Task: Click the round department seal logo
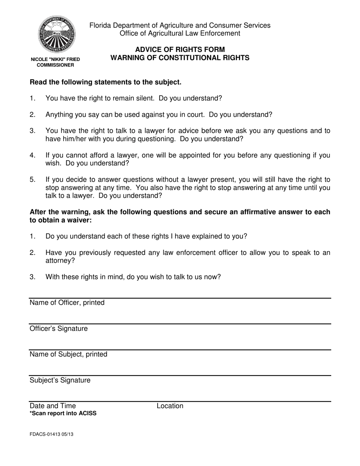tap(56, 34)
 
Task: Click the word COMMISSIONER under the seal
tap(55, 65)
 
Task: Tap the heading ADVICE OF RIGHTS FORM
tap(180, 50)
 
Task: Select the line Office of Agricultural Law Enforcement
tap(180, 33)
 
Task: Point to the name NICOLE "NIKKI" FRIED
tap(55, 59)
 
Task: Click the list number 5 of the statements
tap(32, 180)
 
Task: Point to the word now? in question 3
tap(212, 277)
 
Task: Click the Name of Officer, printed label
tap(67, 303)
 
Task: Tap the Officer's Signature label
tap(59, 328)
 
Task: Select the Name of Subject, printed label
tap(69, 354)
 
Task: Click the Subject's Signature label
tap(60, 380)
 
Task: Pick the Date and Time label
tap(53, 406)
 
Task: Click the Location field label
tap(170, 406)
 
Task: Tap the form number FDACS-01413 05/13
tap(52, 435)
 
